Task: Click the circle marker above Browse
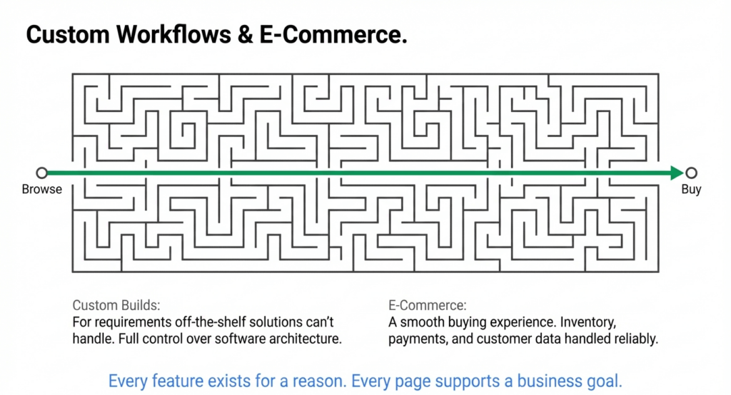click(42, 173)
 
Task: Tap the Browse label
click(41, 190)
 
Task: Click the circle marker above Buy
click(691, 173)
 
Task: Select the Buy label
click(691, 190)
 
